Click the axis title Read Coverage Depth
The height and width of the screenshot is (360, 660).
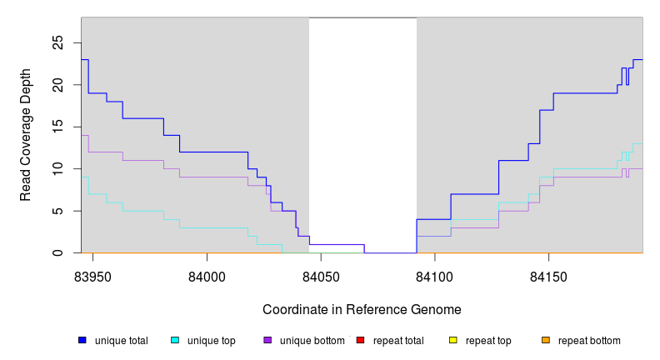[26, 135]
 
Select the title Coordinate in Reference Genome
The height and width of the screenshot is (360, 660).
[362, 309]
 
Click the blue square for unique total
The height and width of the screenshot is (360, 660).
[82, 341]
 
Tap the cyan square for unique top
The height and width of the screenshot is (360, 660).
[175, 341]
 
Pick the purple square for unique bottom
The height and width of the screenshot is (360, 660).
[267, 341]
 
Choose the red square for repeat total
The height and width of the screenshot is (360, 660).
[360, 341]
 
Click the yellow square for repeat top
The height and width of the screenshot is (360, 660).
[453, 341]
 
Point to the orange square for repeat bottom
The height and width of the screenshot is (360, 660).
[546, 341]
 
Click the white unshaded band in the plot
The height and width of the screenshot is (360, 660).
[362, 125]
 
